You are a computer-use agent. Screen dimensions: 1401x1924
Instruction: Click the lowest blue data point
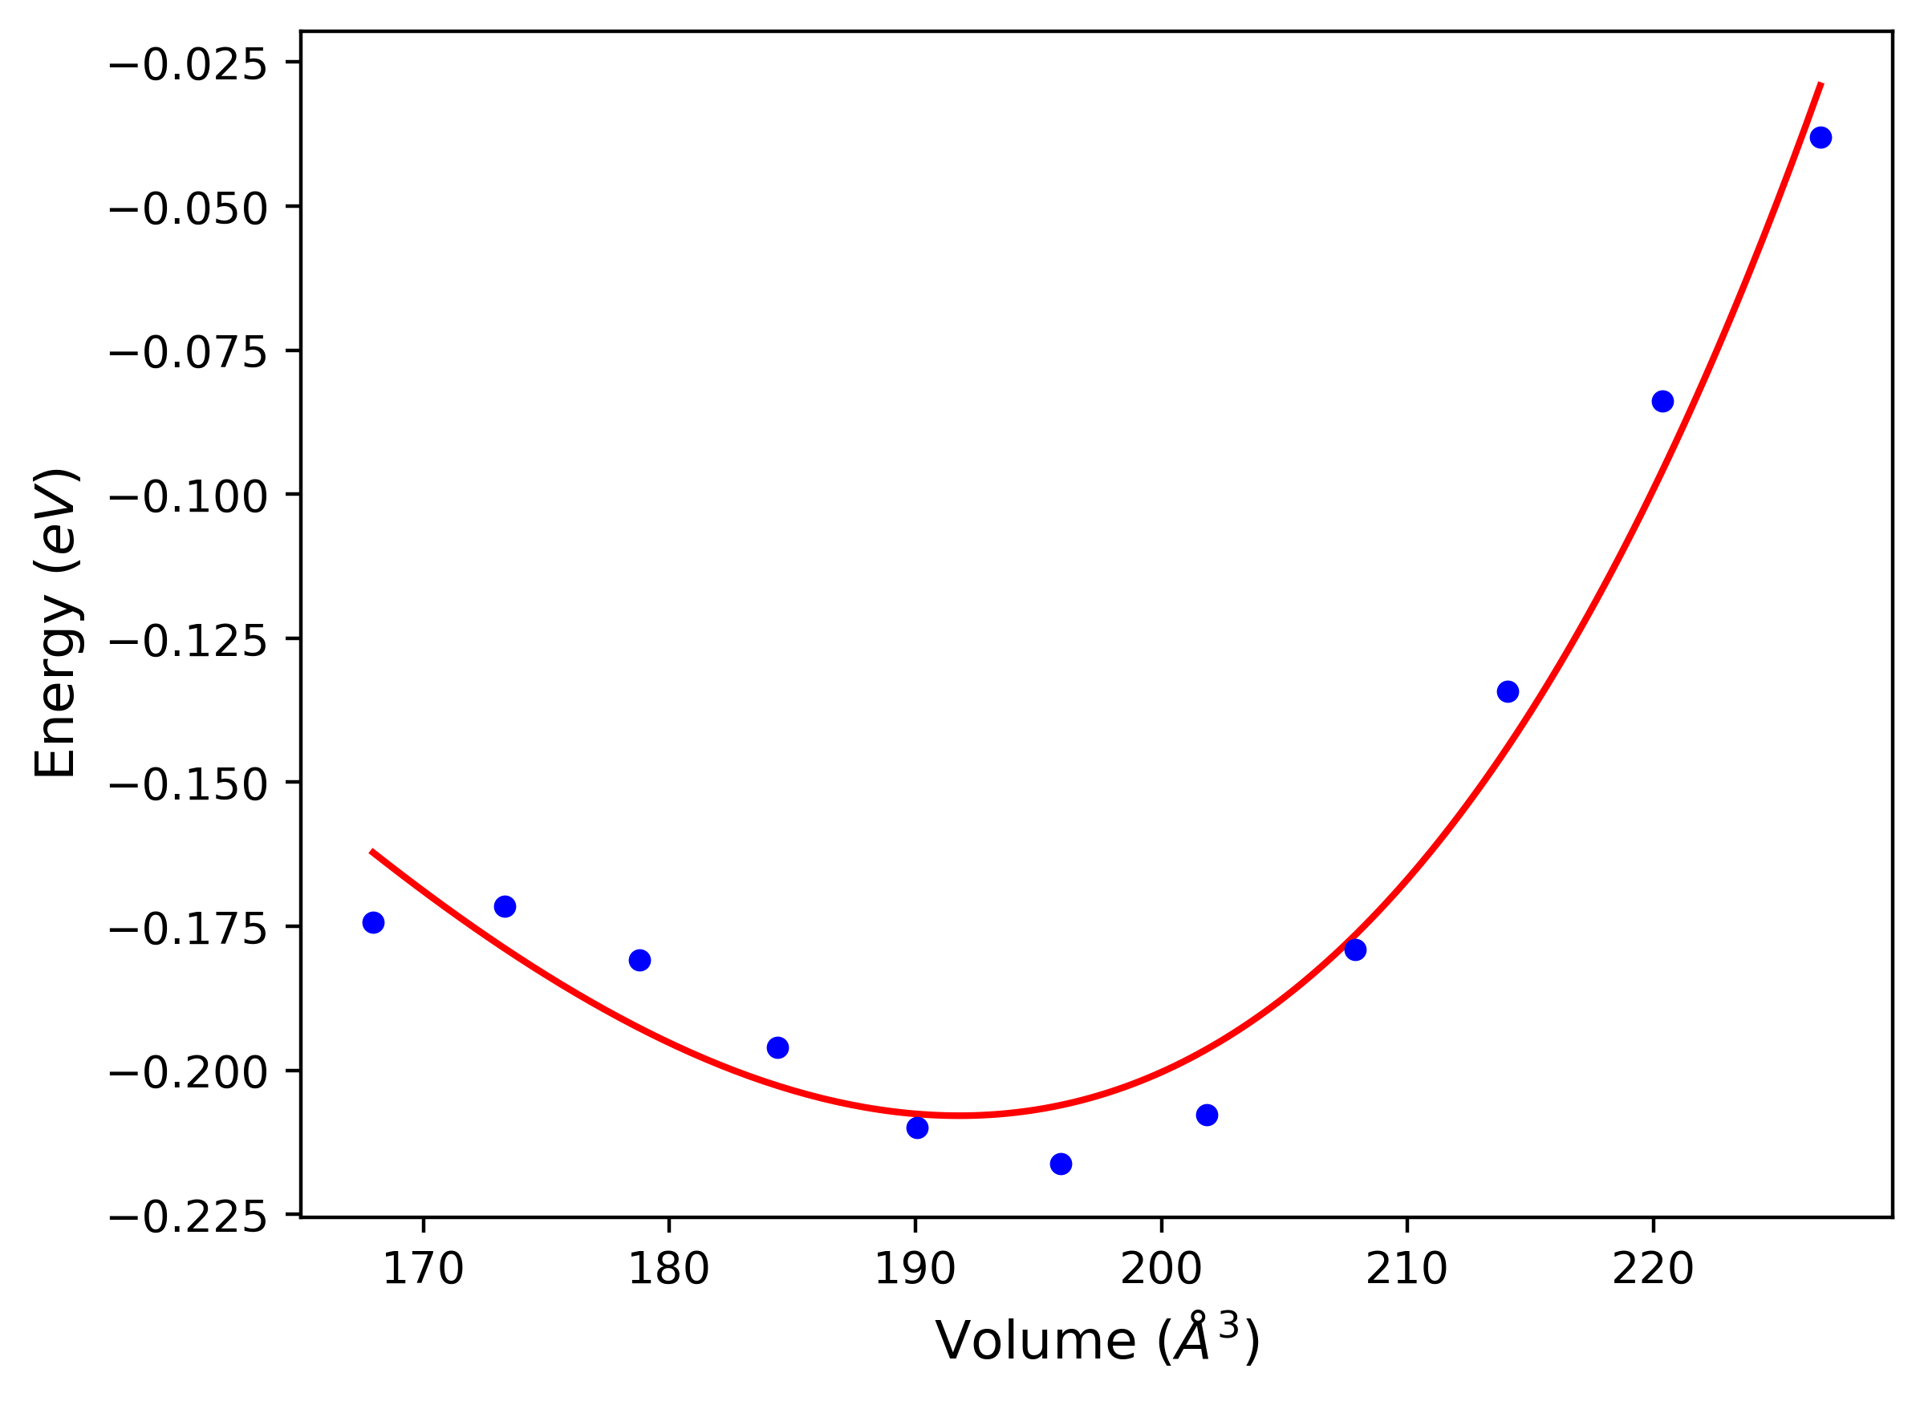[x=1061, y=1164]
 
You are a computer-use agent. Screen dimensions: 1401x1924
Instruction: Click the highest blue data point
[x=1820, y=137]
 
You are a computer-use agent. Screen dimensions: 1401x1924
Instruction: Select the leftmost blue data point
[x=373, y=922]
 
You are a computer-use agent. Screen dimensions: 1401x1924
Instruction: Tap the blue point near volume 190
[x=917, y=1127]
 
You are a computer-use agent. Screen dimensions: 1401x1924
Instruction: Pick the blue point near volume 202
[x=1207, y=1115]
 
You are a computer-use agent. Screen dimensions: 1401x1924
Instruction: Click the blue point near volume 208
[x=1355, y=949]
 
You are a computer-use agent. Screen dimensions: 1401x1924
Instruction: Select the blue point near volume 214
[x=1508, y=691]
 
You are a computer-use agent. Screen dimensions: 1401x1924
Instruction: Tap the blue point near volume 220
[x=1662, y=401]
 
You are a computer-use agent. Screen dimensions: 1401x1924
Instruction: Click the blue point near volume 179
[x=639, y=960]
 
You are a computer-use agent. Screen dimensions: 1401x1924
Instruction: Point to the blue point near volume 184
[x=778, y=1047]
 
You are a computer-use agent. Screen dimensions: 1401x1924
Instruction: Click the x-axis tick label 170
[x=424, y=1269]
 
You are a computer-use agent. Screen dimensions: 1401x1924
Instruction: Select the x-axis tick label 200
[x=1160, y=1269]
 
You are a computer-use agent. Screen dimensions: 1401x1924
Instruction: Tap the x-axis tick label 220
[x=1653, y=1269]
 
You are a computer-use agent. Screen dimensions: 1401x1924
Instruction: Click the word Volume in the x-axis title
[x=1035, y=1341]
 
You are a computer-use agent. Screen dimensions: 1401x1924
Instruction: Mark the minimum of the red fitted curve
[x=959, y=1116]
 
